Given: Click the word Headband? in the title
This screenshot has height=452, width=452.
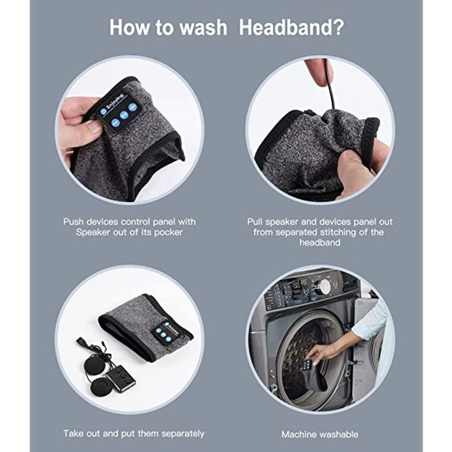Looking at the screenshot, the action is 292,28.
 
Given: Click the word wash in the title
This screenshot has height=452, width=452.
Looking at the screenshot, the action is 203,28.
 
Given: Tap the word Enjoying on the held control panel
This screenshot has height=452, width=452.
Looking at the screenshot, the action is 115,101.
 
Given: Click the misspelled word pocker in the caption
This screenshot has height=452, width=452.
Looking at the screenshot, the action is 168,232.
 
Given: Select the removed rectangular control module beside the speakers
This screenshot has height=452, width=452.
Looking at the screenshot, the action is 120,378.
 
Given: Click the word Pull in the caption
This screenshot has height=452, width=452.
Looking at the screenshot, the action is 255,222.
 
